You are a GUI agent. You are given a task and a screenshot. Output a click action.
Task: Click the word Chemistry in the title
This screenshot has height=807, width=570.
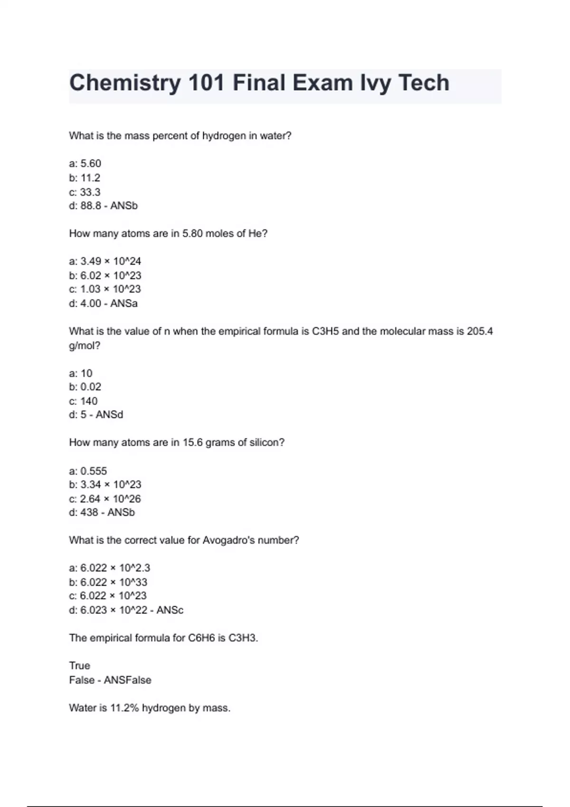click(125, 83)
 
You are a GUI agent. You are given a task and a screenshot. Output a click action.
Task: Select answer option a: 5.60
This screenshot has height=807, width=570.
click(85, 164)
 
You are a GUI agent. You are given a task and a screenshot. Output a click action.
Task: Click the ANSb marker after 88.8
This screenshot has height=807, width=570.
click(124, 206)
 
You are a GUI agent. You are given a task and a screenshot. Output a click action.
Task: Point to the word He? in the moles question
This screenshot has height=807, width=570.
click(258, 234)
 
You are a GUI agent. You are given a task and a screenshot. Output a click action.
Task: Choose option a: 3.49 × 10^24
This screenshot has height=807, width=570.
click(105, 262)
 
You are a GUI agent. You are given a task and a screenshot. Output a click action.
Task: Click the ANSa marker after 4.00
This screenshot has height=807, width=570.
click(124, 304)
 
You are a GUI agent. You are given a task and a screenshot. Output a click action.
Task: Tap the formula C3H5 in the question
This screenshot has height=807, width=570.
click(325, 331)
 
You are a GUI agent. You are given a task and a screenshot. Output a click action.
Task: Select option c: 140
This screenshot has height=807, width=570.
click(83, 401)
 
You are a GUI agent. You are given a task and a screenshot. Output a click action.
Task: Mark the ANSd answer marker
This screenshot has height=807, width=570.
click(109, 415)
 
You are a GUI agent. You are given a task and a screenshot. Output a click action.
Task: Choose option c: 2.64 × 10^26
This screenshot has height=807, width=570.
click(105, 499)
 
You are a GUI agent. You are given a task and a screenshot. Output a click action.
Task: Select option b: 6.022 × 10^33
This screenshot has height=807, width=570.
click(108, 582)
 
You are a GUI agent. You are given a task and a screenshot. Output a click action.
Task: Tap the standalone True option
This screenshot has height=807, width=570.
click(79, 666)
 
